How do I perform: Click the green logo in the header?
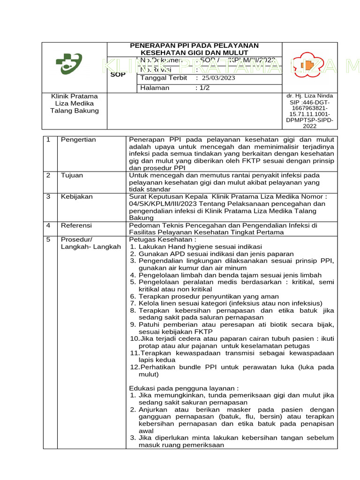click(69, 64)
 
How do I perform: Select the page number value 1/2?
click(204, 88)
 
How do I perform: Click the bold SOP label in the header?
click(118, 74)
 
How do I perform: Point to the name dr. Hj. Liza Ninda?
click(309, 96)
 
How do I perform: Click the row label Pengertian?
click(78, 140)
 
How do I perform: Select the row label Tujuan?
click(72, 175)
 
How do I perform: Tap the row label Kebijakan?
click(76, 197)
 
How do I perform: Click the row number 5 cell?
click(48, 240)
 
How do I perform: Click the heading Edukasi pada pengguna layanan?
click(184, 388)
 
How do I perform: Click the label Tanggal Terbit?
click(164, 78)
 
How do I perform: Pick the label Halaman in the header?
click(155, 88)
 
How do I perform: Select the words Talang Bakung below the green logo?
click(75, 111)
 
